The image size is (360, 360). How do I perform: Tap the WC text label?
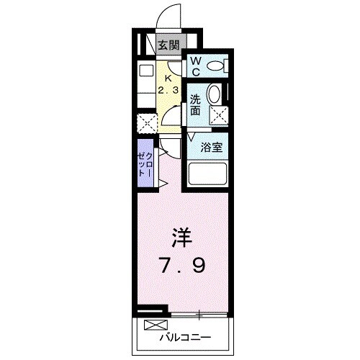(x=196, y=66)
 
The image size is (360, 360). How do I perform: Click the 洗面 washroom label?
(x=195, y=106)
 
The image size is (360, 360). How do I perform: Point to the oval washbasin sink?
(x=214, y=94)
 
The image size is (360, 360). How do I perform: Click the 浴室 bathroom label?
(x=212, y=146)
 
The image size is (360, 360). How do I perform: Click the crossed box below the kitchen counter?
(x=147, y=123)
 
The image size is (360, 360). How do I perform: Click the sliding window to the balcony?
(x=198, y=313)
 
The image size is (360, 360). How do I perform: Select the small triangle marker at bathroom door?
(x=192, y=136)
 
